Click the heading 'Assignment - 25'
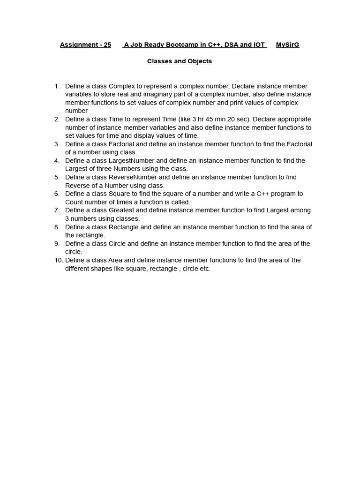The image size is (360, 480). pos(86,45)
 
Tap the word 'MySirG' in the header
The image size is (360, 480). pos(287,45)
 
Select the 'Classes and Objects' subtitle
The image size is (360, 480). pos(180,61)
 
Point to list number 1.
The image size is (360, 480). pos(57,86)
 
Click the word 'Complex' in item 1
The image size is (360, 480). pos(121,86)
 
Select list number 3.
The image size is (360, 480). pos(57,144)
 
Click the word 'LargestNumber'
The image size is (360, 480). pos(132,161)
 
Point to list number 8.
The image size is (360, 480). pos(57,227)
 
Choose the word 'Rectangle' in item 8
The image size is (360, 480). pos(124,227)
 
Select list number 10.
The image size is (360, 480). pos(59,260)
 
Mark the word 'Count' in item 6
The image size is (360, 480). pos(74,202)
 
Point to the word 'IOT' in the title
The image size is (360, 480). pos(259,45)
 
